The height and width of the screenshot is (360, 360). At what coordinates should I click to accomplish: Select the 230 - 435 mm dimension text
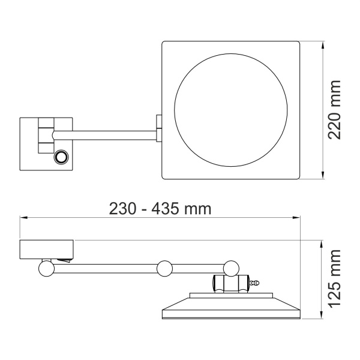click(x=160, y=208)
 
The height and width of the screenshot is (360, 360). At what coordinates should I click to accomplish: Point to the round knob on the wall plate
click(x=61, y=158)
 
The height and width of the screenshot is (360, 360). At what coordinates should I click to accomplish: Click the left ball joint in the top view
click(x=46, y=268)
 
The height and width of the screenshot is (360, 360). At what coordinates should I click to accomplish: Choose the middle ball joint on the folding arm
click(x=164, y=268)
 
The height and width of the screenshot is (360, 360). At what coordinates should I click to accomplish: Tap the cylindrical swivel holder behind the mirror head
click(x=229, y=282)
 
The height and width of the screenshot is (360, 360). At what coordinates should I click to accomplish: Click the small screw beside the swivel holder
click(x=255, y=282)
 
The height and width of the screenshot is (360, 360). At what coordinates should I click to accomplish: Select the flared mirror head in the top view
click(x=230, y=307)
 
